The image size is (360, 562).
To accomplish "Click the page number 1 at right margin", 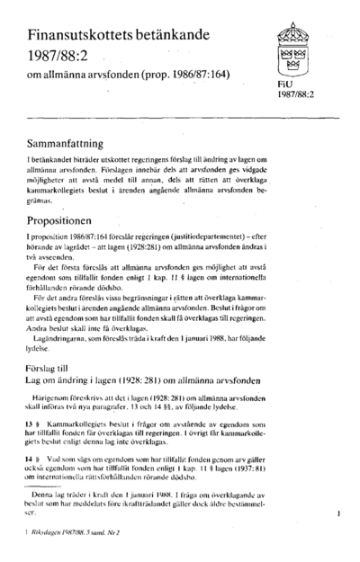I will coord(335,514).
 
